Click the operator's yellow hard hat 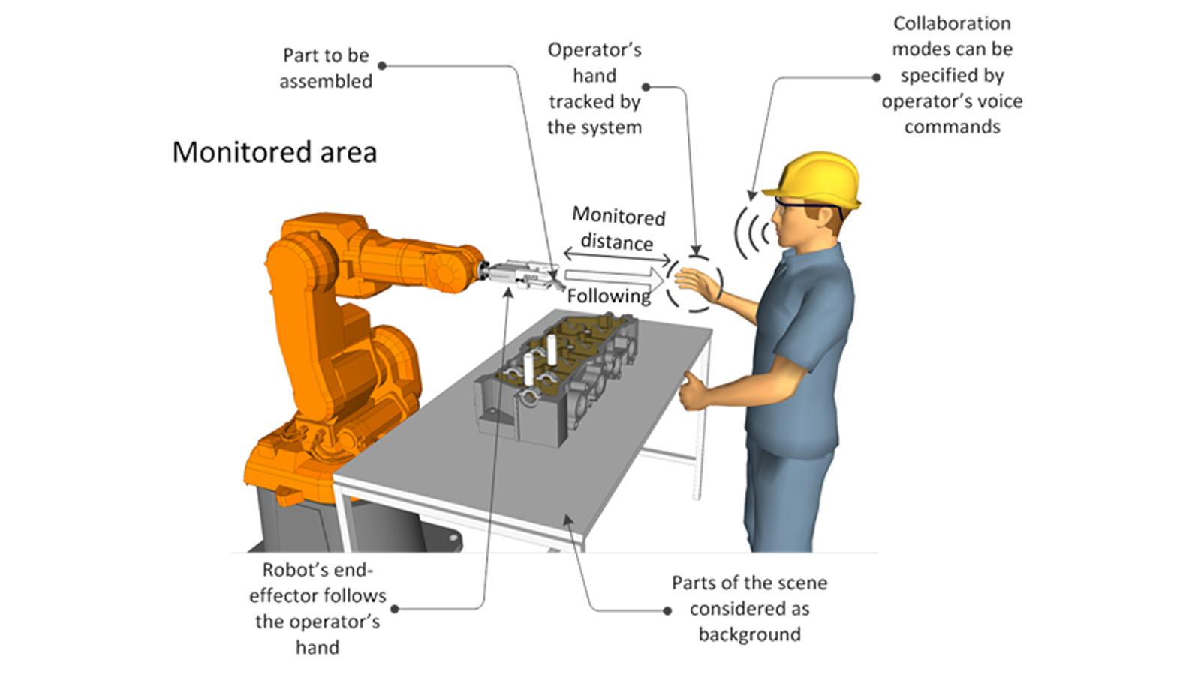[814, 180]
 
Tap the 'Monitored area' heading [275, 152]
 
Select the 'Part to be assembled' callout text [326, 68]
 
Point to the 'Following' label [608, 296]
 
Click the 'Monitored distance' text [619, 229]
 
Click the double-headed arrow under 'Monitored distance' [617, 256]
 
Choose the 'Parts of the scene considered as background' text [749, 608]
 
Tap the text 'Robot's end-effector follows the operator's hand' [318, 608]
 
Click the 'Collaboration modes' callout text [952, 75]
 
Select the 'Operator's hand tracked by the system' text [594, 88]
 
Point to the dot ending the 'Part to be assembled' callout [382, 66]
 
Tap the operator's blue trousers [788, 495]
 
